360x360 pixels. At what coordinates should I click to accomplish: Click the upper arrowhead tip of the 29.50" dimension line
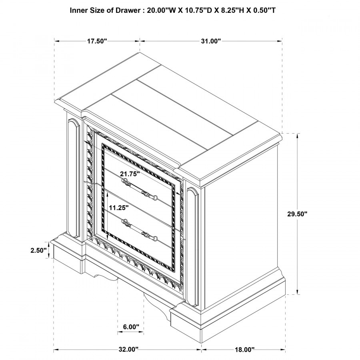tap(298, 134)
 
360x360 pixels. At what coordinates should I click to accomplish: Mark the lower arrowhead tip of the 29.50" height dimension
tap(298, 294)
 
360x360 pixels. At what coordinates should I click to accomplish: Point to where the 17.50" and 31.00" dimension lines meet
tap(140, 41)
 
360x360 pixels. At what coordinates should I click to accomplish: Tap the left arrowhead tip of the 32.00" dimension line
tap(54, 350)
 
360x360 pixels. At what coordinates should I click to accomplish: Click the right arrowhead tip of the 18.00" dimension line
tap(285, 350)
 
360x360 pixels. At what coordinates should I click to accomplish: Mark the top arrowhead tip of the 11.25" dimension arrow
tap(108, 191)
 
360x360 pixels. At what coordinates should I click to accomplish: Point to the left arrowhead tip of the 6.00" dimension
tap(118, 332)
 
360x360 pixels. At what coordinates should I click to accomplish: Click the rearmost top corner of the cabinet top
tap(140, 52)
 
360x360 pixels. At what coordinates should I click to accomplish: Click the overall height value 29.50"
tap(297, 214)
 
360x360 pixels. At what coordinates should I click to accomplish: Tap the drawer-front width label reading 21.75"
tap(130, 174)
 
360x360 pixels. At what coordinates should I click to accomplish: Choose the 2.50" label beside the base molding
tap(38, 250)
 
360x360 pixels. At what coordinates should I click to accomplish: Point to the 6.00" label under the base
tap(131, 327)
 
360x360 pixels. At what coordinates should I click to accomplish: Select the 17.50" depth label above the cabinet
tap(97, 41)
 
